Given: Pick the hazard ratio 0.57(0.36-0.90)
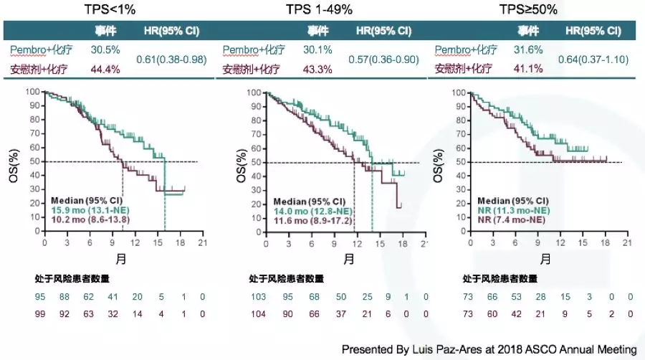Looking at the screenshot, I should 383,60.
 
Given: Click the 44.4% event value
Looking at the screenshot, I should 105,70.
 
